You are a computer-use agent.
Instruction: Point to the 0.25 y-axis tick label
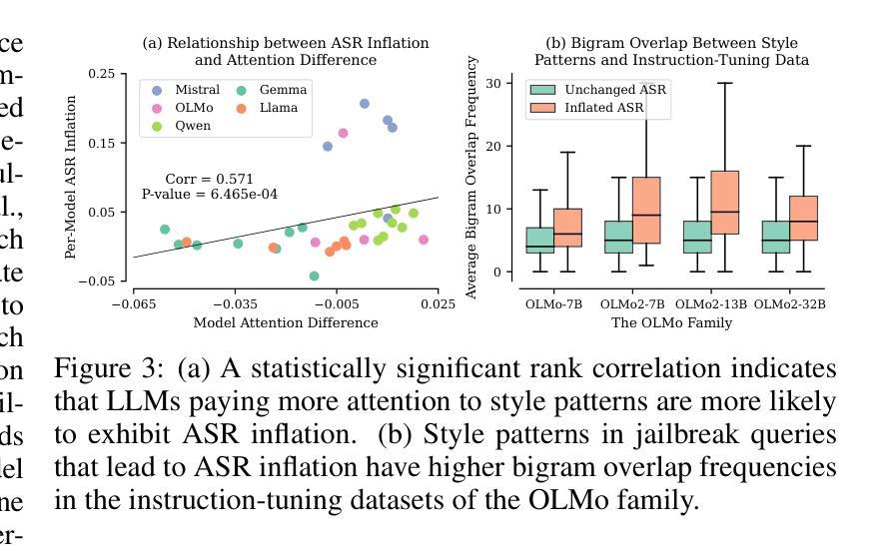click(x=101, y=74)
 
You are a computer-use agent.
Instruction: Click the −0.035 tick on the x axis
click(x=235, y=302)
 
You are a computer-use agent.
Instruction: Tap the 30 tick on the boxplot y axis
click(x=493, y=83)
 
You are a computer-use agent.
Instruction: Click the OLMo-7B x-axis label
click(x=553, y=303)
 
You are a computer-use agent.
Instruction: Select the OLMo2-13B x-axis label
click(x=711, y=303)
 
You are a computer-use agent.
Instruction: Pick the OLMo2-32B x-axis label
click(x=790, y=303)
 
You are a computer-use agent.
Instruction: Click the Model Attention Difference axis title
click(x=286, y=322)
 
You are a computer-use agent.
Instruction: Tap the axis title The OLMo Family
click(x=671, y=322)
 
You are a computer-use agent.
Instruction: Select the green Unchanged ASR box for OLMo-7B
click(x=539, y=240)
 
